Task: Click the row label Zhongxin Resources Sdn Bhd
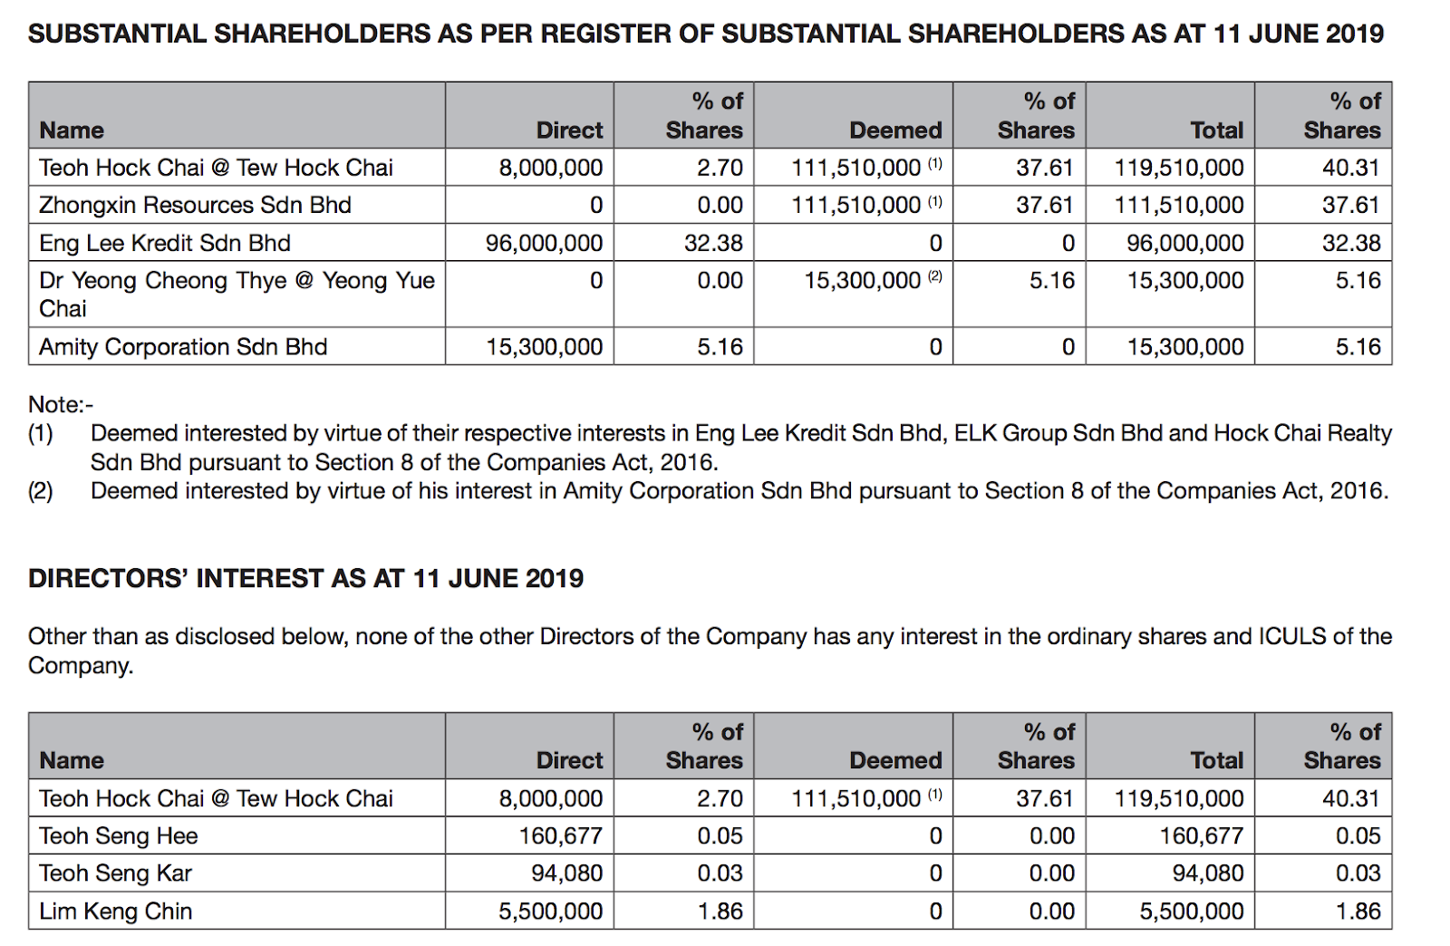[x=195, y=206]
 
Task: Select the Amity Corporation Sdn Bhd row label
[x=183, y=347]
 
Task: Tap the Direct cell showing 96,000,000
[x=544, y=243]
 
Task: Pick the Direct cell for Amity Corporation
[x=544, y=347]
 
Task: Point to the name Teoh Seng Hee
[x=119, y=835]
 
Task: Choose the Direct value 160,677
[x=560, y=835]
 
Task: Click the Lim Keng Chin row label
[x=116, y=912]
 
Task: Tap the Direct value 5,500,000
[x=550, y=912]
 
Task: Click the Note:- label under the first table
[x=61, y=404]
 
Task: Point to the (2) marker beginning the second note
[x=41, y=491]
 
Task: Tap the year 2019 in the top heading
[x=1354, y=34]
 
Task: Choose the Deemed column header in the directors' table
[x=895, y=760]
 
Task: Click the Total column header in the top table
[x=1216, y=130]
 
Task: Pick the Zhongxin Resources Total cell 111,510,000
[x=1178, y=206]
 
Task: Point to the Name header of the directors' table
[x=72, y=760]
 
